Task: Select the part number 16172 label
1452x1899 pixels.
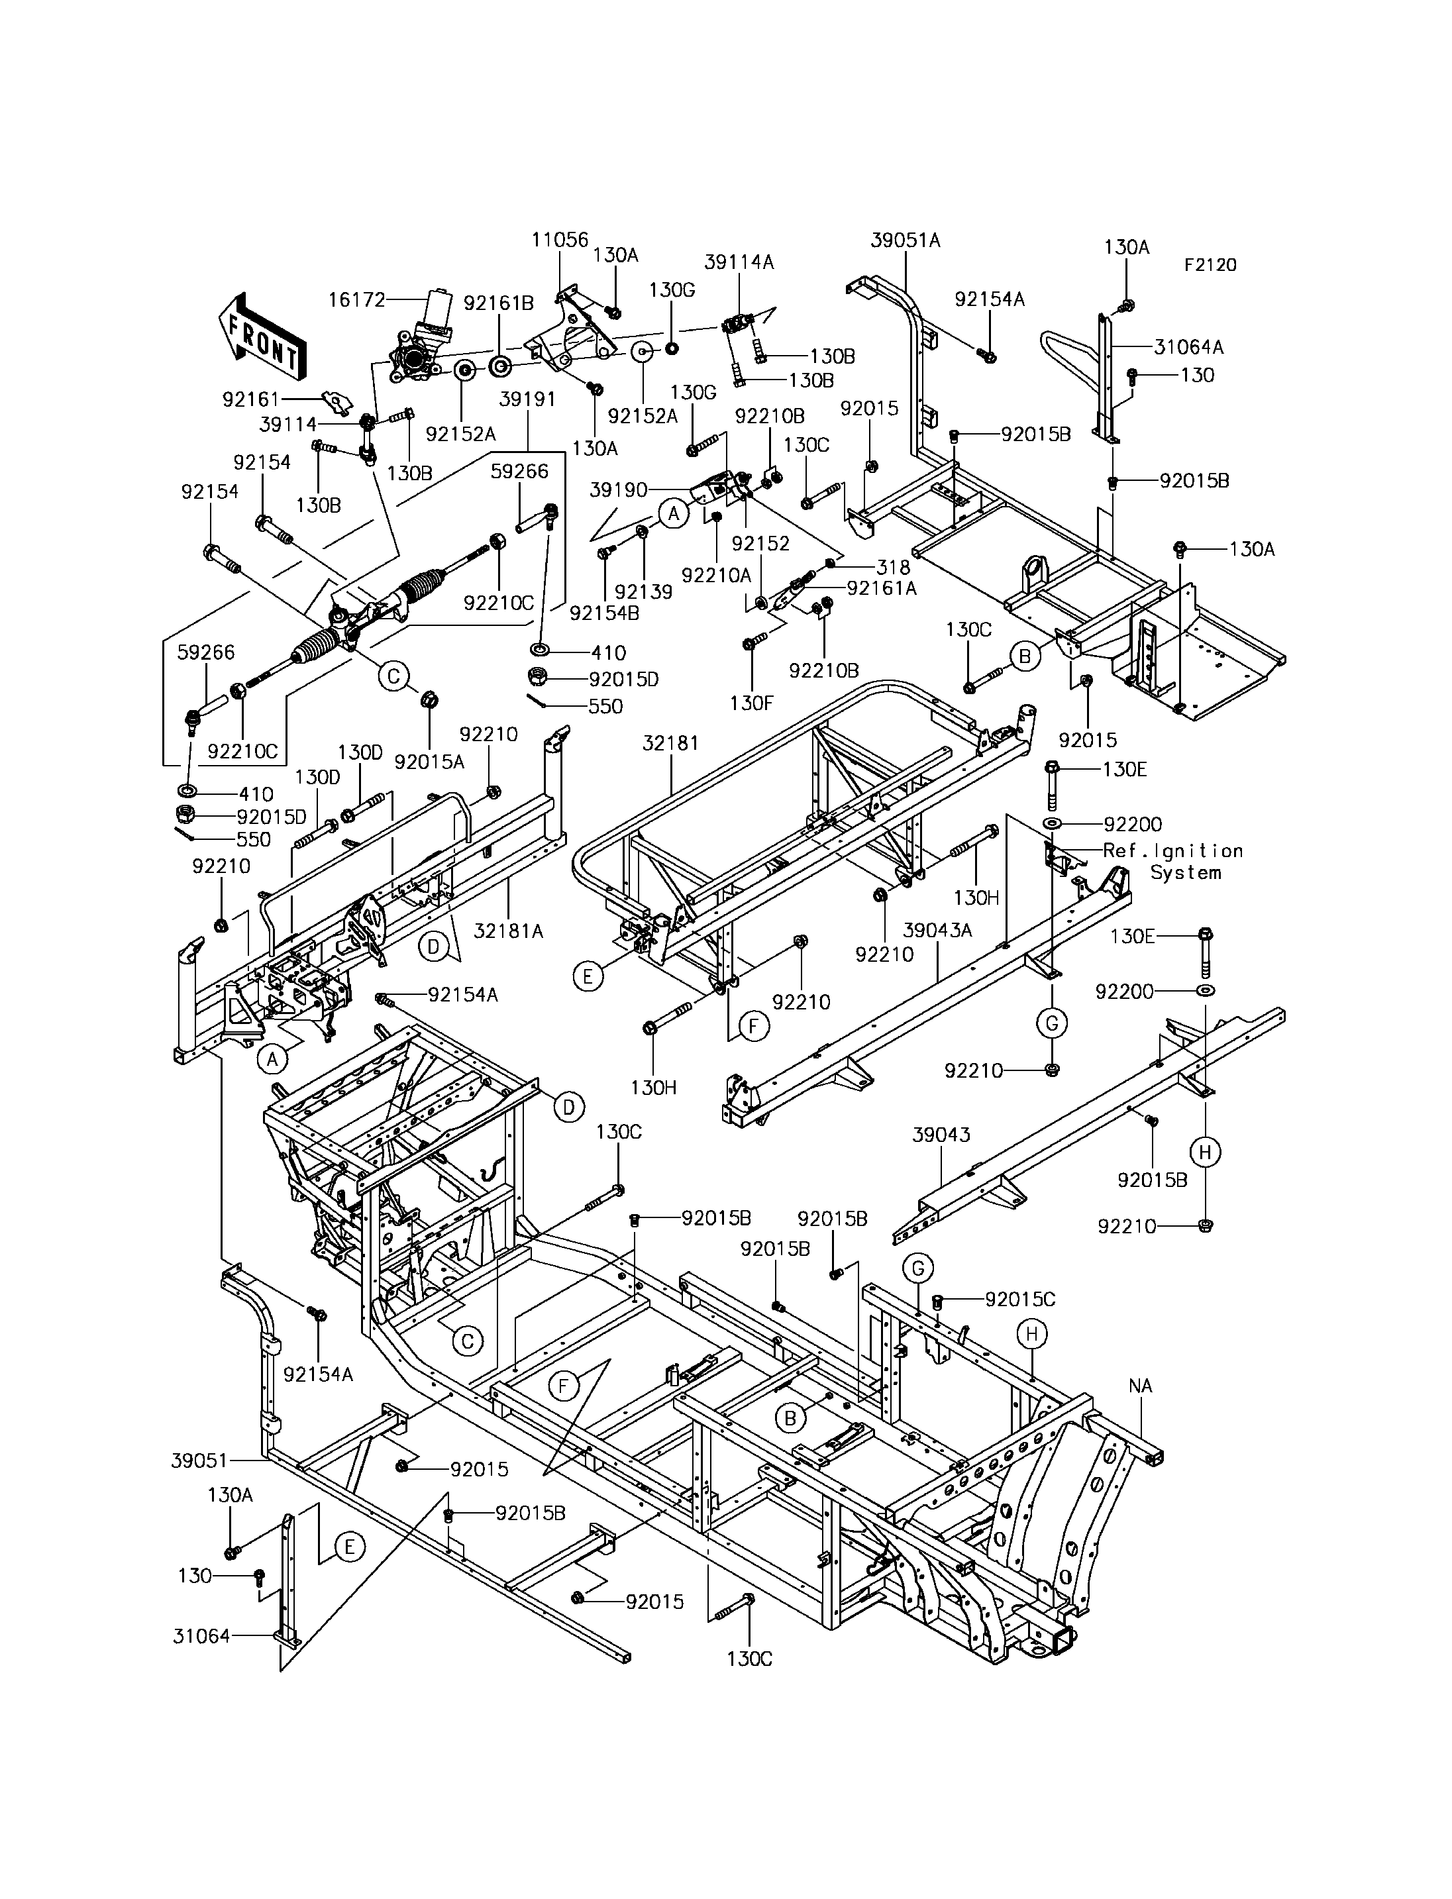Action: pyautogui.click(x=356, y=300)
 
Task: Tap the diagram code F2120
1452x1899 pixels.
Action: pyautogui.click(x=1210, y=266)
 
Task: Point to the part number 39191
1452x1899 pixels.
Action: pyautogui.click(x=527, y=400)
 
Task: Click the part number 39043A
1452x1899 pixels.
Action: pyautogui.click(x=938, y=930)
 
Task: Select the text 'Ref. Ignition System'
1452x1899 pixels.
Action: pyautogui.click(x=1173, y=862)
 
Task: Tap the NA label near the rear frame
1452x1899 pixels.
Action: pyautogui.click(x=1140, y=1386)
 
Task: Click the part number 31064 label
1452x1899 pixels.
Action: pyautogui.click(x=201, y=1635)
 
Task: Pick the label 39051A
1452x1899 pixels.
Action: pyautogui.click(x=905, y=240)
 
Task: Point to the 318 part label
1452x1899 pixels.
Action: pyautogui.click(x=893, y=567)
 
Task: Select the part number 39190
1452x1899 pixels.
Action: pyautogui.click(x=618, y=490)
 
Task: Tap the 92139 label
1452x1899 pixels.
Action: pyautogui.click(x=643, y=592)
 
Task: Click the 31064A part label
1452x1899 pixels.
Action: pyautogui.click(x=1188, y=348)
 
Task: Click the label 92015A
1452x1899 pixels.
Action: pyautogui.click(x=429, y=762)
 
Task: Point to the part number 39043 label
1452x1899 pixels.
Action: pyautogui.click(x=941, y=1135)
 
